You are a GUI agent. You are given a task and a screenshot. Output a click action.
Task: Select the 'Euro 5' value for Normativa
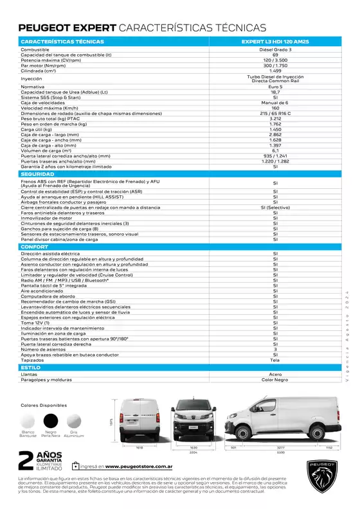(x=274, y=85)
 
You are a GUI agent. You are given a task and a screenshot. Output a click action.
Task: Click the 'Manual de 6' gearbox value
(x=274, y=103)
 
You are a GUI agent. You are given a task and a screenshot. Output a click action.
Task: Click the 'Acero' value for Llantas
(x=274, y=373)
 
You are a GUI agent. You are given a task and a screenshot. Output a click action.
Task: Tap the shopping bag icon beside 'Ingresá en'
(x=76, y=466)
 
